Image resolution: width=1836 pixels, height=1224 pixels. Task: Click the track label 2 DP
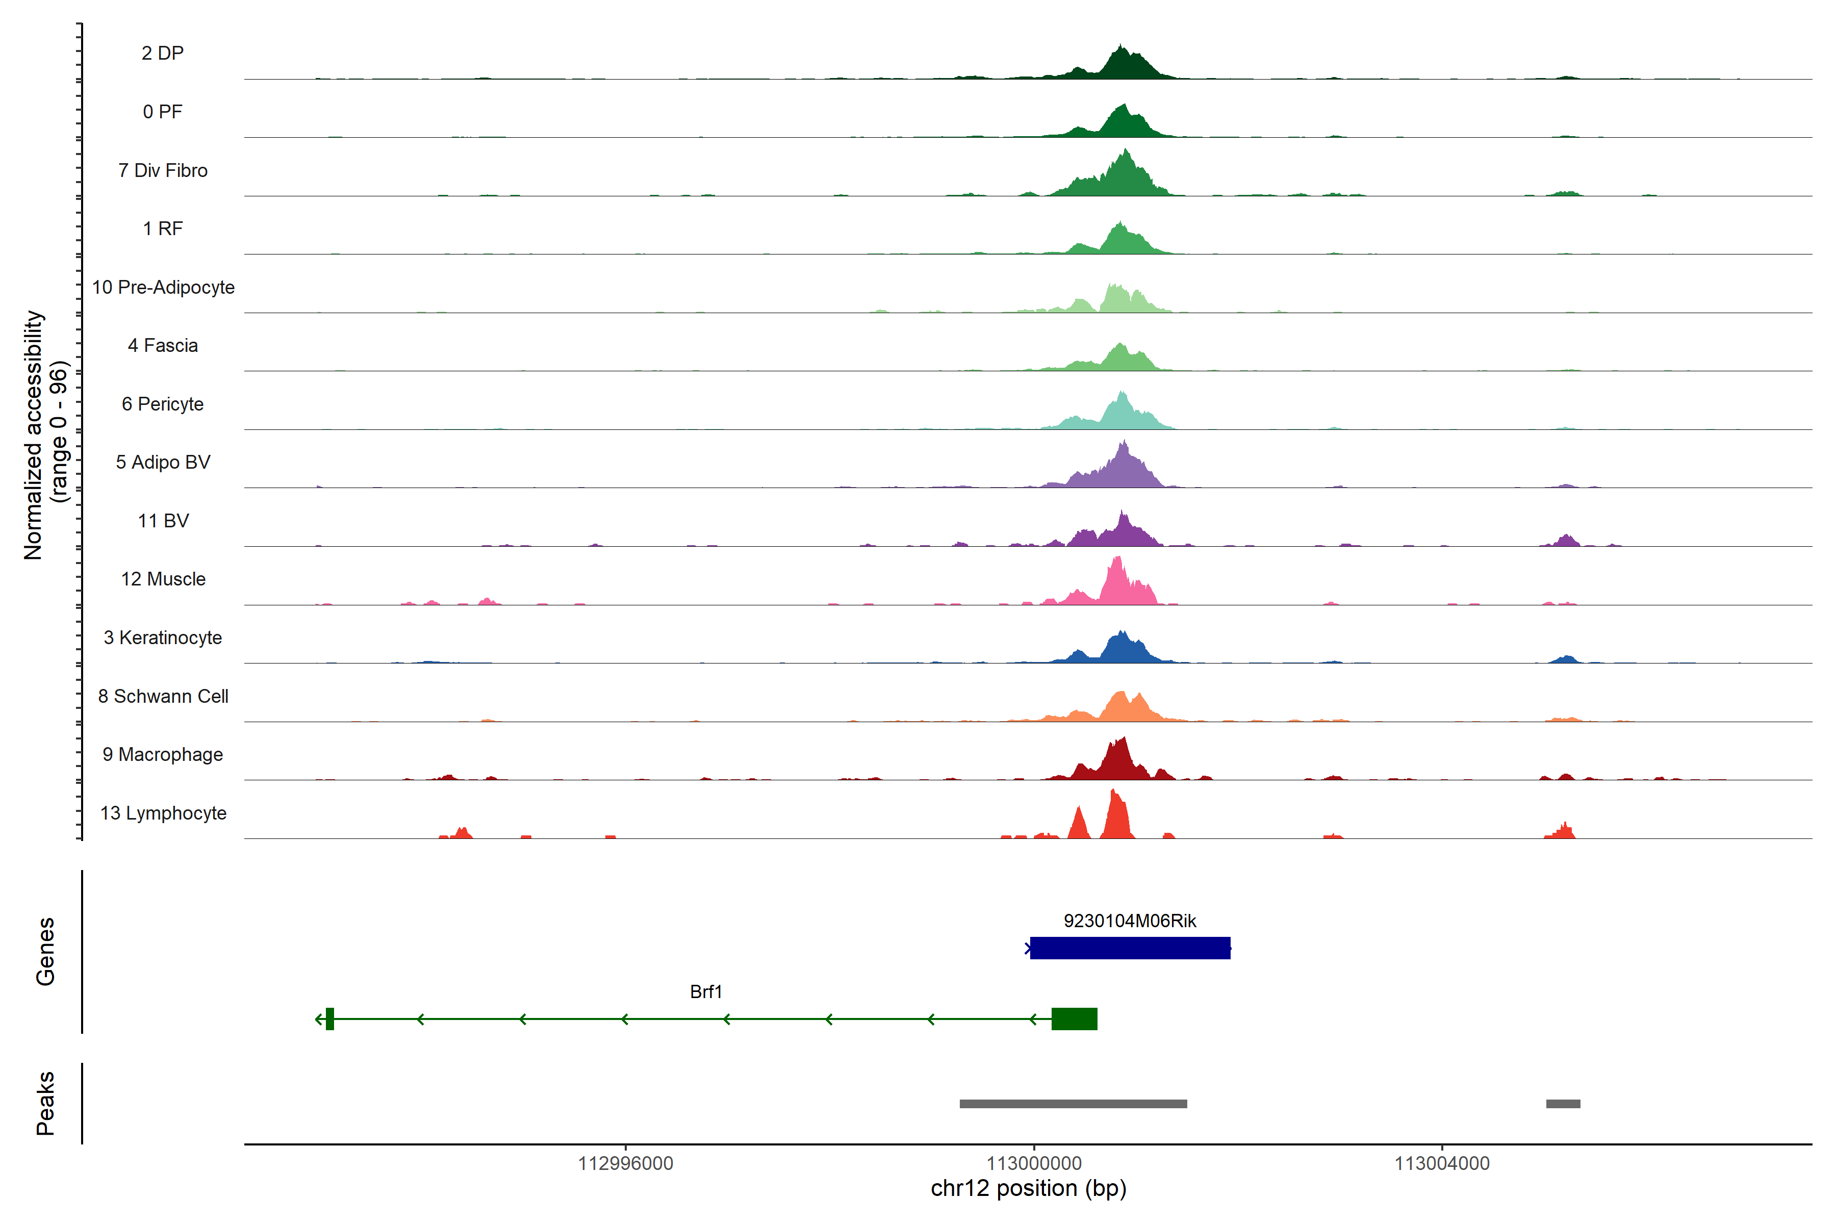pos(162,53)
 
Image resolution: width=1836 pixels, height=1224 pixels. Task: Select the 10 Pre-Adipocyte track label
pos(163,287)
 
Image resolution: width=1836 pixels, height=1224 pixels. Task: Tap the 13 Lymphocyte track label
pos(163,813)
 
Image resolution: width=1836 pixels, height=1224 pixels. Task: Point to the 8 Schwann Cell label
pos(163,696)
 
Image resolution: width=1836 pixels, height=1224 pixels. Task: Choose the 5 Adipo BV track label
pos(163,462)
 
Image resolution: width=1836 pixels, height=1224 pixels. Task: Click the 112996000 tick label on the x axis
pos(625,1163)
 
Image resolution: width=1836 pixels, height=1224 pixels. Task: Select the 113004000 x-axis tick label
pos(1442,1163)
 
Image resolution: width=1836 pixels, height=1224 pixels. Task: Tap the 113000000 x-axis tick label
pos(1034,1163)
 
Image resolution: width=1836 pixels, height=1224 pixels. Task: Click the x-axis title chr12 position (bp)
pos(1028,1189)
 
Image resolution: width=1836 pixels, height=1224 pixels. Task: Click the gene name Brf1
pos(706,992)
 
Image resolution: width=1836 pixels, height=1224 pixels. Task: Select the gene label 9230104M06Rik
pos(1130,921)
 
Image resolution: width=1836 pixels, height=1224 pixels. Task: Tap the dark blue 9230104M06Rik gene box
pos(1130,948)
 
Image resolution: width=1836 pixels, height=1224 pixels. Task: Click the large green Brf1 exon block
pos(1074,1018)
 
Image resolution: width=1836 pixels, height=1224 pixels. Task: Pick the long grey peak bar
pos(1074,1104)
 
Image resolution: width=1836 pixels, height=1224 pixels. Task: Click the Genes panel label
pos(45,952)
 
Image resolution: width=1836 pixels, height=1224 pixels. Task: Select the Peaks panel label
pos(45,1103)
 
